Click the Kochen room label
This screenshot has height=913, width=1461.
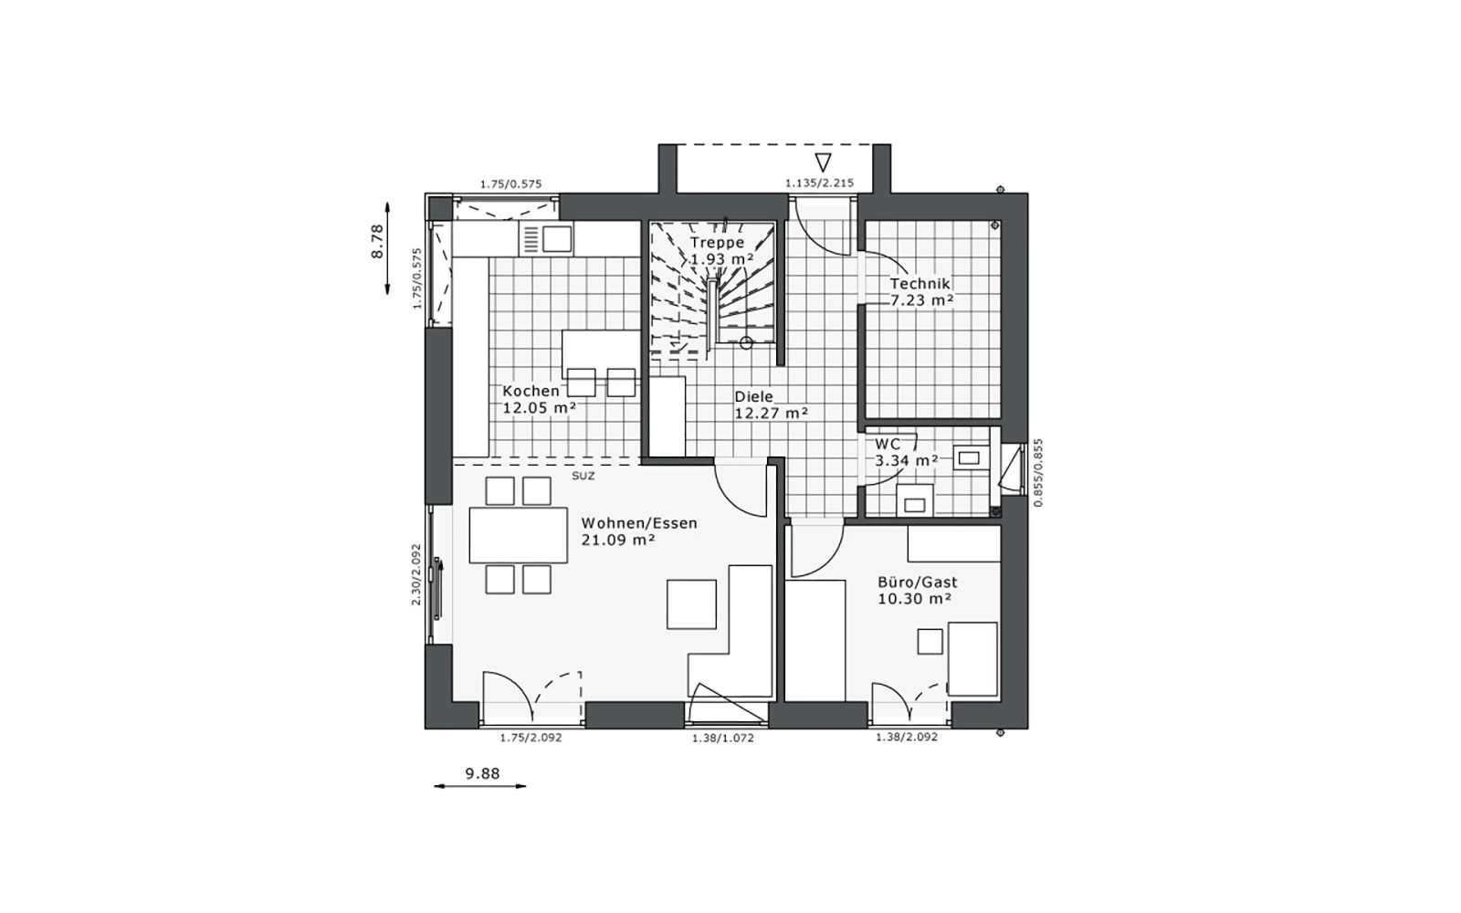[x=531, y=392]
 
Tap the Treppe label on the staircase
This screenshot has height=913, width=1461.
[x=718, y=243]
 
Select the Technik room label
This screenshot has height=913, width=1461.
[x=920, y=284]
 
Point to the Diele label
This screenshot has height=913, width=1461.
[x=754, y=396]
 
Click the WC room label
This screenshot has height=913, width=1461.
[x=888, y=444]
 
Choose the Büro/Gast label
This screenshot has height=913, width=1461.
[x=917, y=582]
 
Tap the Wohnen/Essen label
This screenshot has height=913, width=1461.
[x=639, y=523]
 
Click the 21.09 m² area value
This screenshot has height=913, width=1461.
[x=618, y=540]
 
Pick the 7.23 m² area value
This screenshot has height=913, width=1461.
[x=922, y=300]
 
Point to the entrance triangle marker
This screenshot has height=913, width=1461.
[x=823, y=163]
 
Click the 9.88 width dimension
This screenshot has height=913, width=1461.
[x=483, y=773]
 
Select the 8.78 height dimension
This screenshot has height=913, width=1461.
[x=378, y=242]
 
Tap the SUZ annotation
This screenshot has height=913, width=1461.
[x=583, y=476]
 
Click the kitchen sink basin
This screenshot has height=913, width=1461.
[x=556, y=238]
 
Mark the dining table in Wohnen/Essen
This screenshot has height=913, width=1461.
[x=518, y=535]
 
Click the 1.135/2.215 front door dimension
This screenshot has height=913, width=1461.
[x=819, y=184]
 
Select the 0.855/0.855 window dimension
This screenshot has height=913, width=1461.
[x=1038, y=473]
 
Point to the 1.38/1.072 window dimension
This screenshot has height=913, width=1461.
[x=722, y=739]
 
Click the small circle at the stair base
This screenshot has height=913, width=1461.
[x=746, y=342]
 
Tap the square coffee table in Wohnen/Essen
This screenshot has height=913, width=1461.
[x=691, y=604]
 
